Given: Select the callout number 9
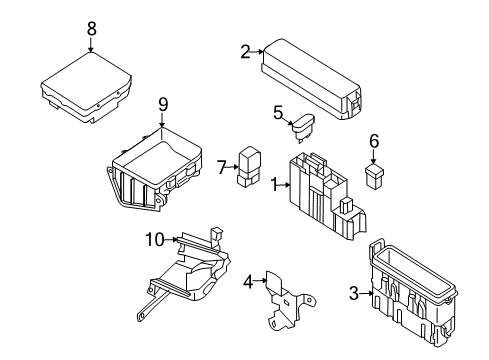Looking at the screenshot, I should tap(162, 103).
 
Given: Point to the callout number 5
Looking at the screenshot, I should tap(278, 114).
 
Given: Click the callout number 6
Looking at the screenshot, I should tap(374, 142).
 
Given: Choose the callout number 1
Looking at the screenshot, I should tap(273, 184).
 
